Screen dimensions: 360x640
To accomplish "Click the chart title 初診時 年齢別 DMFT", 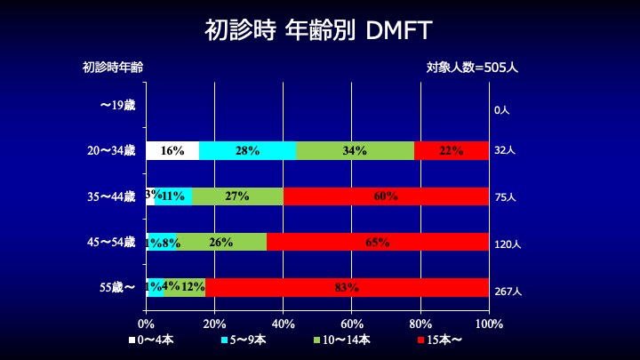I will point(319,31).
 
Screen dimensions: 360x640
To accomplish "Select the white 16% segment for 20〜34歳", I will point(172,150).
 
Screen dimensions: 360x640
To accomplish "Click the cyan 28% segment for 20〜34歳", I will point(247,150).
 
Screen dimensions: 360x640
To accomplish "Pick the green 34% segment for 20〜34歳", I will point(355,150).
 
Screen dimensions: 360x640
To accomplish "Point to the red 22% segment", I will point(452,150).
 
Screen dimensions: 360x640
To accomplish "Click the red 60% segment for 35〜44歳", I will point(386,196).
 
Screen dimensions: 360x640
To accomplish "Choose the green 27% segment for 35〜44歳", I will point(237,196).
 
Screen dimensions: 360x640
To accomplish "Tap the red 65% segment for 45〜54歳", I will point(378,242).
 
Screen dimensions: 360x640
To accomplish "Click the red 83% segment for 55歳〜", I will point(347,287).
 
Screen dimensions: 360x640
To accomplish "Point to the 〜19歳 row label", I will point(117,106).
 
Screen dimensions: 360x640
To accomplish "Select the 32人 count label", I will point(504,151).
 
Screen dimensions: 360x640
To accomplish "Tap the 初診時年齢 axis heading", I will point(113,67).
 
